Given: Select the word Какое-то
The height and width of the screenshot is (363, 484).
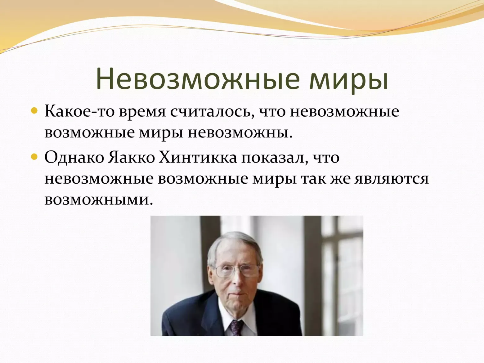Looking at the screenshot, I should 79,111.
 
